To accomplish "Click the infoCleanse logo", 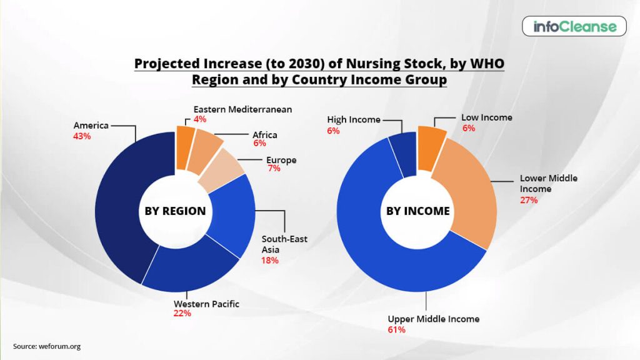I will pyautogui.click(x=574, y=27).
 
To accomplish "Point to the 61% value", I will pyautogui.click(x=396, y=329).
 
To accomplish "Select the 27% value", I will pyautogui.click(x=529, y=200).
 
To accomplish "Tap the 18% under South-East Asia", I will pyautogui.click(x=269, y=260).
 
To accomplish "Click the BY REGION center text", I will pyautogui.click(x=175, y=211).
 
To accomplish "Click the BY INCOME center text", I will pyautogui.click(x=417, y=211).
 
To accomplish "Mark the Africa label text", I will pyautogui.click(x=264, y=135).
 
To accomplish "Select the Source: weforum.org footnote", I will pyautogui.click(x=47, y=346).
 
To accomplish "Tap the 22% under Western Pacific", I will pyautogui.click(x=182, y=314).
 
